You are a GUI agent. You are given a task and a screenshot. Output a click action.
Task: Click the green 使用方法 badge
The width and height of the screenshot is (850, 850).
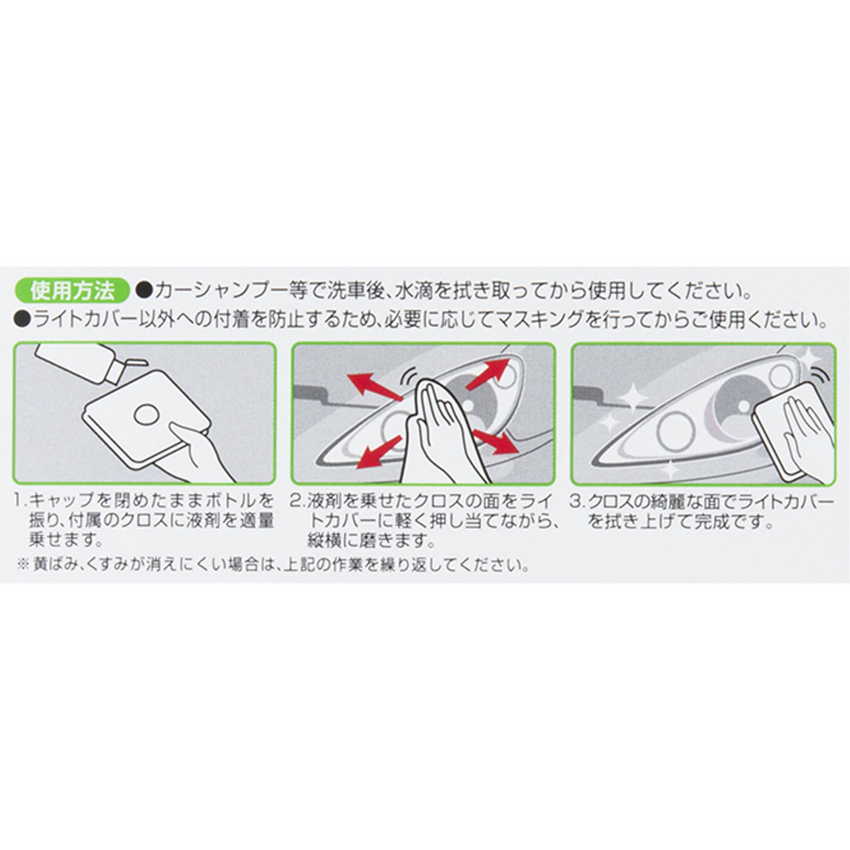[72, 291]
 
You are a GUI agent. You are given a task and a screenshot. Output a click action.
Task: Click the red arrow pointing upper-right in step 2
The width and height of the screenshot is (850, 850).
[489, 373]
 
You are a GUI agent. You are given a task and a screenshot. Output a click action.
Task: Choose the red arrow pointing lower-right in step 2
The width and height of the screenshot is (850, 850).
[496, 441]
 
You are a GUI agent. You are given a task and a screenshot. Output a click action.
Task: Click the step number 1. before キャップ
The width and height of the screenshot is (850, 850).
[21, 501]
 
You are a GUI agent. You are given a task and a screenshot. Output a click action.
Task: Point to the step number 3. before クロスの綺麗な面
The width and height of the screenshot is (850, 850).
[577, 501]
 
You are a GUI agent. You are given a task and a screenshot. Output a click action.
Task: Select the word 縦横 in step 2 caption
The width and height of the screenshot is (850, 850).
[324, 540]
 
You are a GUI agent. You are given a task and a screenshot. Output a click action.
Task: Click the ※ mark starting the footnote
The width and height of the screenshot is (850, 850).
[22, 565]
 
